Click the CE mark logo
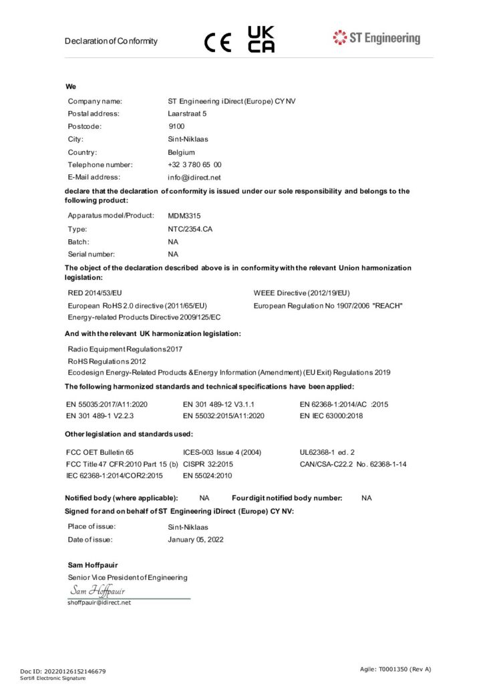click(x=217, y=42)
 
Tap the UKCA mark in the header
click(x=261, y=39)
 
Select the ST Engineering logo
click(x=377, y=38)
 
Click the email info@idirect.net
click(x=194, y=178)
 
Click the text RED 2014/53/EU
click(x=95, y=293)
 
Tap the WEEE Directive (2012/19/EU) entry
click(x=301, y=293)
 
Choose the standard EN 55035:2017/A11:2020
click(x=107, y=405)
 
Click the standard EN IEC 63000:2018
click(x=331, y=415)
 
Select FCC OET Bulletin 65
click(x=100, y=452)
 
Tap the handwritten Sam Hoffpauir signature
click(x=98, y=591)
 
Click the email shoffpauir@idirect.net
click(x=99, y=603)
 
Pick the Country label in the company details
click(x=83, y=152)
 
